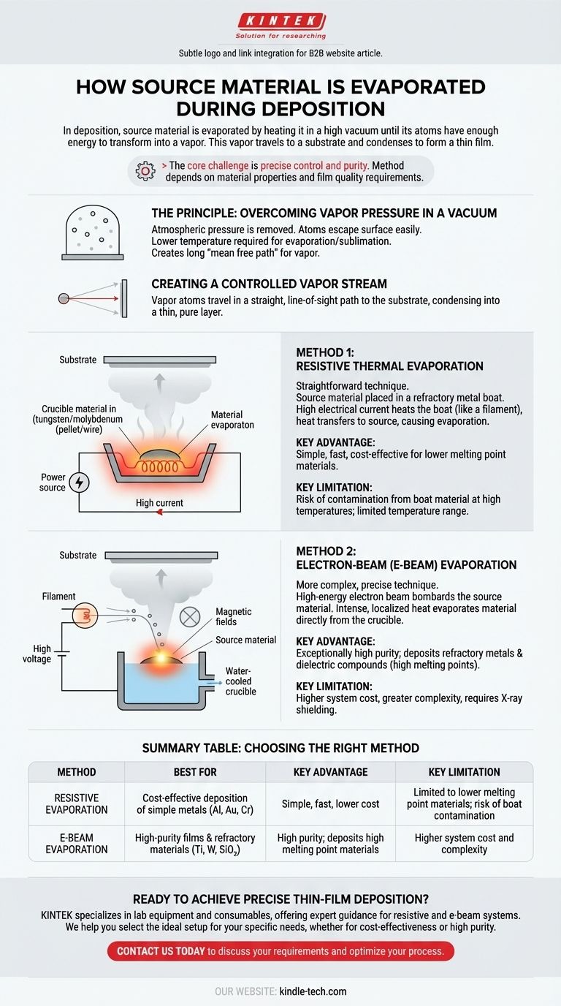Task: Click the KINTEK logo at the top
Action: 281,26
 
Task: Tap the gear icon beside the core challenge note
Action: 145,171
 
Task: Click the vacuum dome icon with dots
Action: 93,232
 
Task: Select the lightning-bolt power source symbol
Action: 80,483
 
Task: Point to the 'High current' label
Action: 159,503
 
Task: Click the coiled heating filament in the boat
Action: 160,467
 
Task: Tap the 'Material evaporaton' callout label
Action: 232,420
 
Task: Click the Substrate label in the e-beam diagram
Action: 77,555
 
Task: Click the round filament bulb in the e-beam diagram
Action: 85,616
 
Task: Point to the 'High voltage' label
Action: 37,654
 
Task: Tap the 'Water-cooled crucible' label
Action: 240,681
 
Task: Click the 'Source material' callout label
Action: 245,640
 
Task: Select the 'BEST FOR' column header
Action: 195,772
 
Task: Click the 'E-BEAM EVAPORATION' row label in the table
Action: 77,844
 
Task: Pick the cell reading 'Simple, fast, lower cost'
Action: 330,804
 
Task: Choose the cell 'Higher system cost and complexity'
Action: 464,844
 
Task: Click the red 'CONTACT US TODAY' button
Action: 280,951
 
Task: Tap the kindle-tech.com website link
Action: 313,991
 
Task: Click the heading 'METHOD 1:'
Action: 325,352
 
